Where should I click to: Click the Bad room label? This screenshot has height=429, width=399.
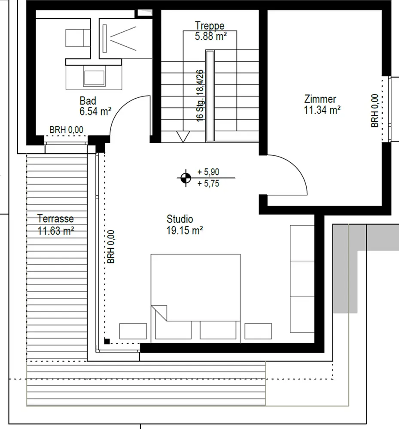tap(88, 101)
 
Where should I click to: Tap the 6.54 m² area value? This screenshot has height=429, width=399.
tap(95, 112)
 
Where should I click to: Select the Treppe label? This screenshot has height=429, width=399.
tap(210, 26)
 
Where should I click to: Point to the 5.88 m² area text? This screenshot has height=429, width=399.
tap(211, 36)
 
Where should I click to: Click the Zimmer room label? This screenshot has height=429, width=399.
tap(320, 99)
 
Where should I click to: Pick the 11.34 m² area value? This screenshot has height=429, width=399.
tap(322, 110)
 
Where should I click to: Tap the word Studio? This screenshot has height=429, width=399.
tap(180, 219)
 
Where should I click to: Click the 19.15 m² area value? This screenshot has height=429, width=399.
tap(185, 230)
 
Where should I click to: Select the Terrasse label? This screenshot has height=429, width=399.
tap(55, 219)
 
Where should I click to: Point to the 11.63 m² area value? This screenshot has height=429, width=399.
tap(55, 231)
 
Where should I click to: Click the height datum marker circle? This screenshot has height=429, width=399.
tap(186, 178)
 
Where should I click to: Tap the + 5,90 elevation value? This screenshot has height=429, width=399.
tap(208, 172)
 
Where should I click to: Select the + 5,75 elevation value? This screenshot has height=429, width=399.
tap(208, 183)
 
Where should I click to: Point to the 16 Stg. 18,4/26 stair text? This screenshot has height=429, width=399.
tap(200, 96)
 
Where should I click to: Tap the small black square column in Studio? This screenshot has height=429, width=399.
tap(107, 341)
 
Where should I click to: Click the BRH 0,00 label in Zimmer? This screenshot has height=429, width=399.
tap(375, 111)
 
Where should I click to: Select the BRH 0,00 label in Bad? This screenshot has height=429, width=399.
tap(66, 130)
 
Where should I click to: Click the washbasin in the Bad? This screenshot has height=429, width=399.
tap(94, 78)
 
